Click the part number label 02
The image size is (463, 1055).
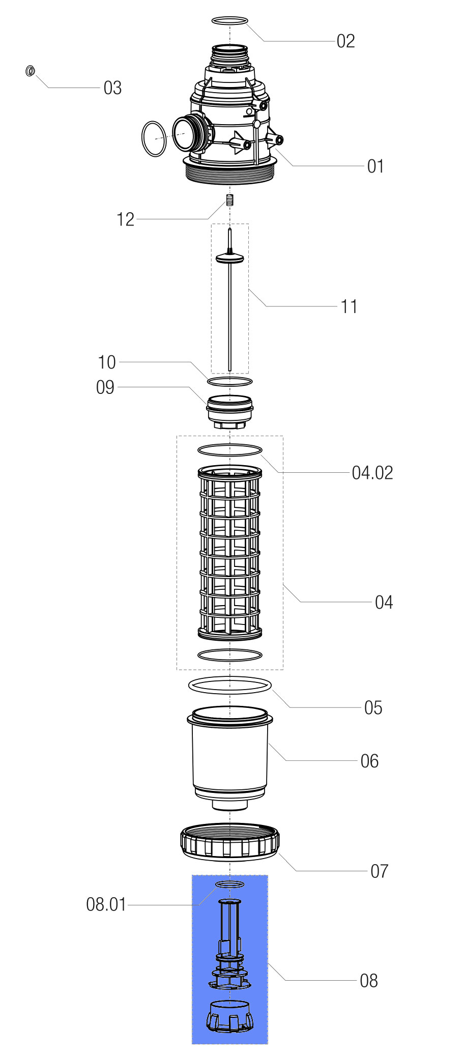tap(345, 41)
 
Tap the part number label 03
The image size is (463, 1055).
tap(112, 88)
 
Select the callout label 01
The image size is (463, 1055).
tap(375, 166)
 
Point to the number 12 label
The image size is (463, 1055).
tap(125, 220)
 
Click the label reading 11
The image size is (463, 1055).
tap(349, 307)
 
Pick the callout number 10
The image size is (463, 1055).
tap(107, 362)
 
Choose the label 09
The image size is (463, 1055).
tap(105, 387)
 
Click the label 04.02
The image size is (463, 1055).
tap(372, 473)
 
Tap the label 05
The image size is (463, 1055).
tap(373, 708)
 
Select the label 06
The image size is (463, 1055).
tap(369, 761)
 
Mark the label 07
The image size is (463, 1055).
tap(379, 871)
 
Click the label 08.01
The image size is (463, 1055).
tap(106, 905)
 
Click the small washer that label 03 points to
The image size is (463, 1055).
tap(30, 71)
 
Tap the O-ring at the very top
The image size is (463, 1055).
tap(229, 21)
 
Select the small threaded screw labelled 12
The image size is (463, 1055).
tap(230, 199)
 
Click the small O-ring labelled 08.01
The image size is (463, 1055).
tap(230, 885)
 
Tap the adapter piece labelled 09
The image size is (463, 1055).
tap(229, 410)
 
